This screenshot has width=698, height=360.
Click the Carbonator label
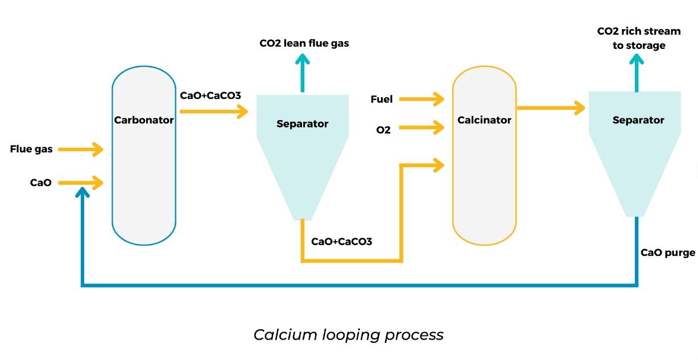pos(143,120)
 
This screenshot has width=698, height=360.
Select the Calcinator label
pos(484,120)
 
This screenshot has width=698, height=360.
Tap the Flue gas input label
pos(31,150)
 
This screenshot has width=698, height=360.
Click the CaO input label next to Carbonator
pos(41,183)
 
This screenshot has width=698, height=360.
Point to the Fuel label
pos(381,100)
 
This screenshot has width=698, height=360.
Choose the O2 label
pos(383,129)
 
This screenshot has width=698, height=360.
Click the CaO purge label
pos(667,253)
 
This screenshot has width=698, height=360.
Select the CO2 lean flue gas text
pos(304,43)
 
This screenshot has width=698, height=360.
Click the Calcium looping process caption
pos(348,334)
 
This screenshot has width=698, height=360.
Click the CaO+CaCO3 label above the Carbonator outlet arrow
pos(210,96)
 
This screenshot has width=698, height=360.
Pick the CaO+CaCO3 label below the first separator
pos(341,242)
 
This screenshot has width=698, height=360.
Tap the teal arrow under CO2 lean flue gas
pos(303,73)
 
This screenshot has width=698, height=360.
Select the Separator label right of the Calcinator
pos(638,120)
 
